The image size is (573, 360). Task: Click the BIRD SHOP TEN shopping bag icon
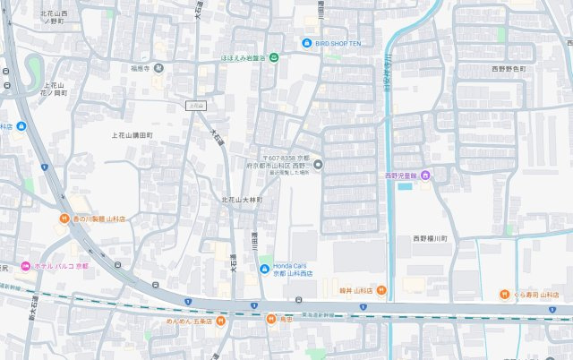tap(306, 42)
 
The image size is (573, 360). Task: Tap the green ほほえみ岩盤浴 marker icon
tap(274, 58)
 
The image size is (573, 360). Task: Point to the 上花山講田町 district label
tap(132, 135)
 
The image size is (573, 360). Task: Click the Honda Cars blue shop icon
tap(264, 270)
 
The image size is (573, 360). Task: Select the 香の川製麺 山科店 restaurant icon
tap(64, 219)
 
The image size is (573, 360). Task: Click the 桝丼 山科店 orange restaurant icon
tap(381, 290)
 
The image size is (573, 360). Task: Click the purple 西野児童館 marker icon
tap(426, 176)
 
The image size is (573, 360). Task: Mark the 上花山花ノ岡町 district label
tap(55, 89)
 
